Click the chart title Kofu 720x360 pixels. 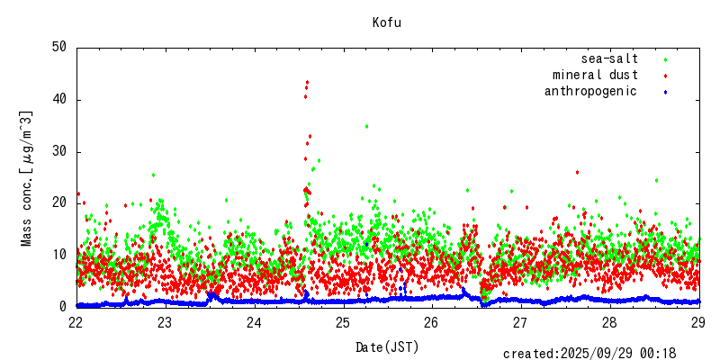click(x=387, y=22)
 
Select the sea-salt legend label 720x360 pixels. click(x=609, y=58)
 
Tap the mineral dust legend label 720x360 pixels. click(x=595, y=75)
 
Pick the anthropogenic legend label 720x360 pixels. click(x=590, y=91)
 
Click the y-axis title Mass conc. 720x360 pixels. click(x=27, y=178)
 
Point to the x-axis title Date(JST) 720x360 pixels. click(x=387, y=346)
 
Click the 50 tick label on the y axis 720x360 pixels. click(x=59, y=47)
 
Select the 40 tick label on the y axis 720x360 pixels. click(x=59, y=99)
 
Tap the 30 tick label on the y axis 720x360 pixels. click(x=59, y=151)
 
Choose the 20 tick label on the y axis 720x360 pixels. click(x=59, y=203)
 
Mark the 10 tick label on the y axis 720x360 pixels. click(x=59, y=255)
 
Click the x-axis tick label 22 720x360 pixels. click(x=76, y=322)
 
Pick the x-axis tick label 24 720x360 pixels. click(x=254, y=322)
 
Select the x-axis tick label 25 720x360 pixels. click(x=343, y=322)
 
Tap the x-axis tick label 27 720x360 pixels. click(x=521, y=322)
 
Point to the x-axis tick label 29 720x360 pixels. click(x=699, y=322)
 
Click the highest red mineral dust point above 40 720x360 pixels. click(x=307, y=83)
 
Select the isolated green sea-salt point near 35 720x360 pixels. click(x=366, y=126)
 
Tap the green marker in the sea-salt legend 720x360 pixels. click(x=665, y=59)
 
